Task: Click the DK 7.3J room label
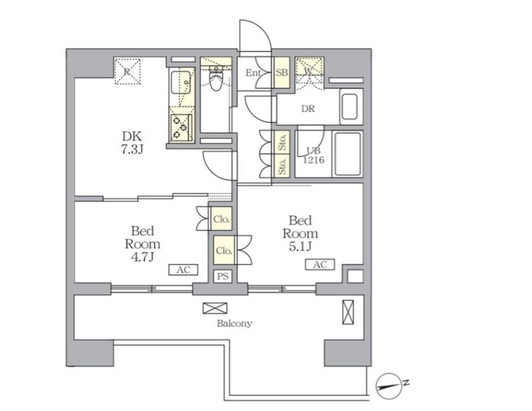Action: (x=132, y=142)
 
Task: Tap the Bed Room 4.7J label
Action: (x=142, y=244)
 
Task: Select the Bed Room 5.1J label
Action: (x=300, y=233)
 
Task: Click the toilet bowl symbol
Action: (x=215, y=80)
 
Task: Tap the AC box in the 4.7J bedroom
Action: (x=183, y=270)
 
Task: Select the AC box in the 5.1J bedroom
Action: (x=320, y=264)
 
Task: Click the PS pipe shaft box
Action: (x=223, y=276)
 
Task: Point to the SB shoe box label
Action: (x=282, y=73)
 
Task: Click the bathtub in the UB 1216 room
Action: (x=348, y=154)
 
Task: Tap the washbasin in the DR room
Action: (x=349, y=107)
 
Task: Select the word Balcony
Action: (x=235, y=324)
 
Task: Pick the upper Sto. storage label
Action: (x=283, y=142)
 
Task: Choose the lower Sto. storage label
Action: (x=283, y=166)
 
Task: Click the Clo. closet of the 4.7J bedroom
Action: (x=222, y=219)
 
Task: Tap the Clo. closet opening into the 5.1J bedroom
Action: (x=224, y=251)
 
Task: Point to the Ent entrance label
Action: (x=253, y=73)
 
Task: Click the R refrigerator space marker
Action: (x=127, y=71)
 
